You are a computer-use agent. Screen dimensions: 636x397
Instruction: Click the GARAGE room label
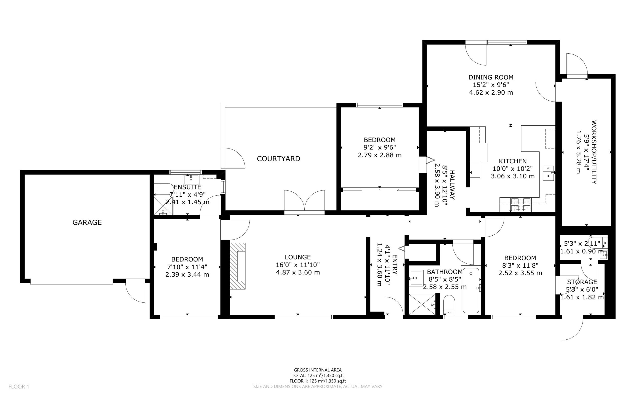click(x=87, y=222)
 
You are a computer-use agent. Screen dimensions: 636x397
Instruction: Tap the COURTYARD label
click(x=278, y=159)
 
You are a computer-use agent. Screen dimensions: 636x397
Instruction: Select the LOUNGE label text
click(x=298, y=257)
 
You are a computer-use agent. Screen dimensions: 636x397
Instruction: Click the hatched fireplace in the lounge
click(x=238, y=266)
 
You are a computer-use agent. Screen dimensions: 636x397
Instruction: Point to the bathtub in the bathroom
click(x=471, y=290)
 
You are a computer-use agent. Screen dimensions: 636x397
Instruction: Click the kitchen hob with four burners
click(x=520, y=205)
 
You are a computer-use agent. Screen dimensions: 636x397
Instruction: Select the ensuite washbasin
click(x=191, y=180)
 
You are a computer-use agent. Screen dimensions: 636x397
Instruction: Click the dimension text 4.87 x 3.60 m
click(x=298, y=272)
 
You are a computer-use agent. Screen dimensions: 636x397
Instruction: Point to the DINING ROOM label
click(x=491, y=77)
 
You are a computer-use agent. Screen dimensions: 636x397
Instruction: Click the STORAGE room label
click(x=582, y=282)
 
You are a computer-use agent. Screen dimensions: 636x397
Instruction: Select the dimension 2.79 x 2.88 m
click(x=380, y=155)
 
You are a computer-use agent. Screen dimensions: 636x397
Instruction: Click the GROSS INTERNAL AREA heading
click(x=318, y=370)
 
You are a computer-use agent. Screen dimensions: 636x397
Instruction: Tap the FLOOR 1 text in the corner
click(x=19, y=387)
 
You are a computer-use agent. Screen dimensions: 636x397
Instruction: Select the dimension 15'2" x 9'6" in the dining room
click(x=491, y=85)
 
